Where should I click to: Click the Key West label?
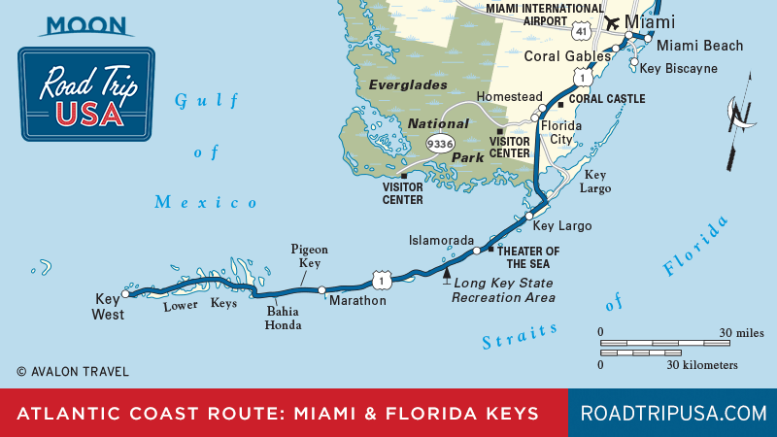[x=108, y=307]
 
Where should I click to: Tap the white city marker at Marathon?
[x=321, y=289]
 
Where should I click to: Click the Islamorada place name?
[x=441, y=240]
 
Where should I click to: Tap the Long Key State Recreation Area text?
[x=503, y=290]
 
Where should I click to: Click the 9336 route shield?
[x=440, y=143]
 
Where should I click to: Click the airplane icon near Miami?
[x=612, y=21]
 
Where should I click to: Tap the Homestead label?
[x=508, y=97]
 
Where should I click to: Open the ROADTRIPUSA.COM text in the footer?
[x=672, y=414]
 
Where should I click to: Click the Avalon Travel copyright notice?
[x=72, y=372]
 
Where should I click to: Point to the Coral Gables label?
[x=569, y=55]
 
